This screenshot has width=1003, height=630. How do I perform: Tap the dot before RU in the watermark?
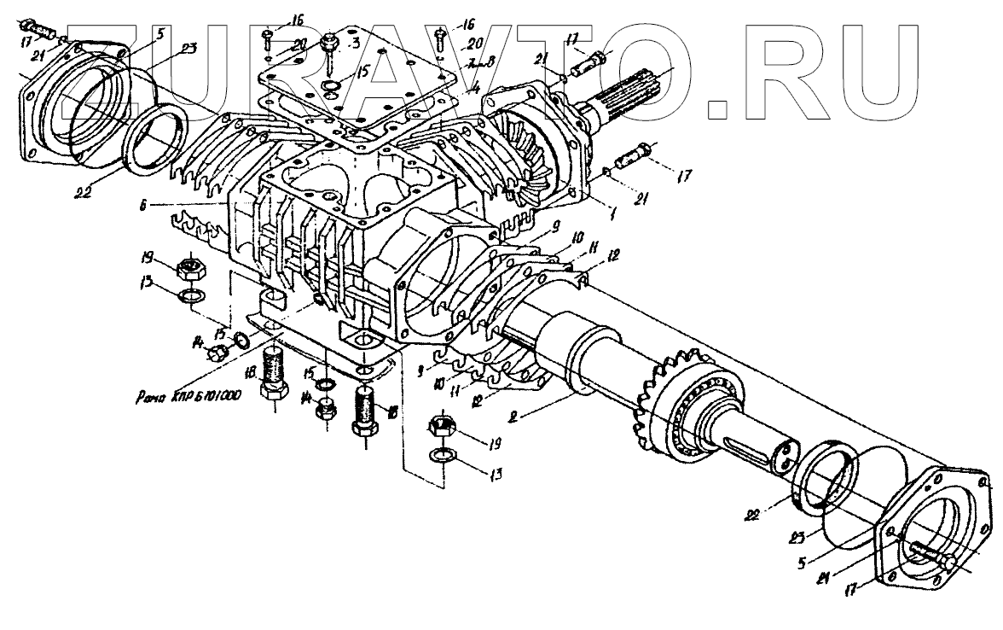(721, 109)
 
